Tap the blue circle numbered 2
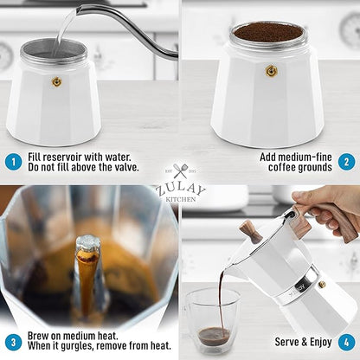344,162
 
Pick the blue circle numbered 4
344,341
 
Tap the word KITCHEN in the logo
180,198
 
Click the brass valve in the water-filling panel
57,81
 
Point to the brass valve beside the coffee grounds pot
271,71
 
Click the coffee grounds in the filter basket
267,32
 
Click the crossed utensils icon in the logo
180,172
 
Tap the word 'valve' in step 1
140,169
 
